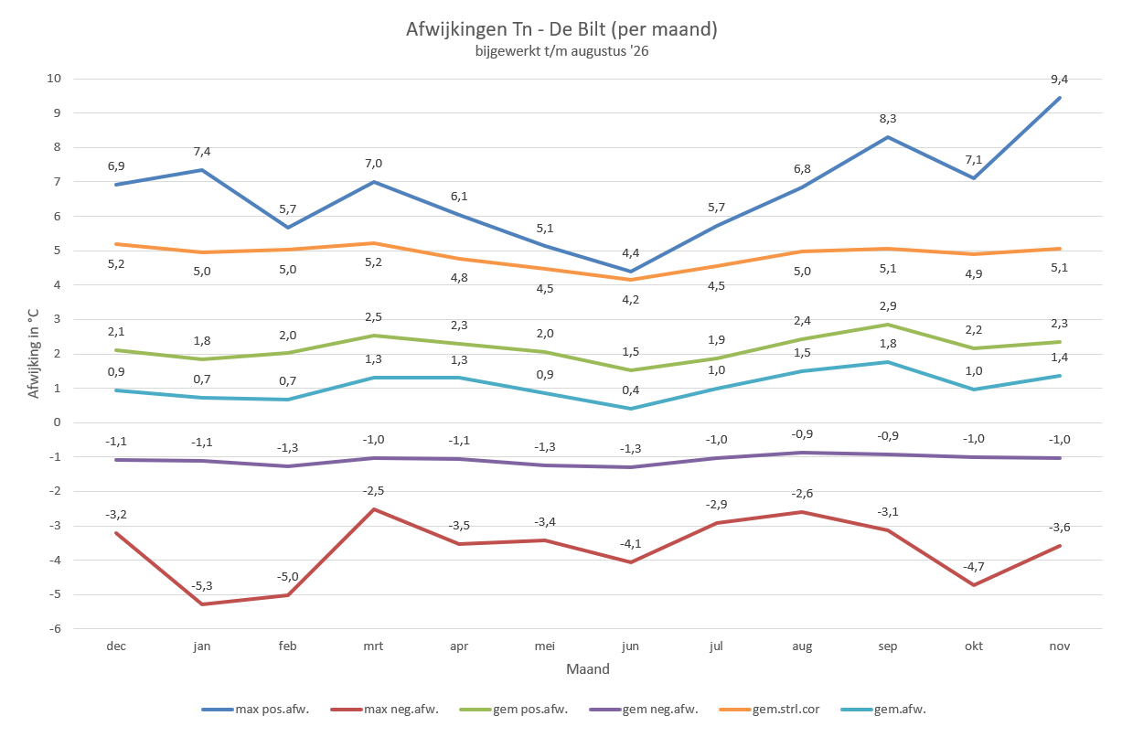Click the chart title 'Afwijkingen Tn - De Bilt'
tap(506, 29)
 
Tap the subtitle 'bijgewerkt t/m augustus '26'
tap(561, 51)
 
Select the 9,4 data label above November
tap(1060, 80)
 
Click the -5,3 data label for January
tap(202, 586)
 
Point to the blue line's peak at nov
tap(1060, 98)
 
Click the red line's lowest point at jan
tap(202, 604)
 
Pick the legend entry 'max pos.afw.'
tap(255, 709)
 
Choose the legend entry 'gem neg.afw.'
tap(644, 709)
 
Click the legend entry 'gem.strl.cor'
tap(769, 709)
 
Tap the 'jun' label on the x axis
tap(630, 646)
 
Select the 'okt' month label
tap(974, 646)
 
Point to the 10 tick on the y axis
tap(54, 78)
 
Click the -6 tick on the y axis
tap(55, 629)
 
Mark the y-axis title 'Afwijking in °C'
tap(33, 353)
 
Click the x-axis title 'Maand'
tap(588, 668)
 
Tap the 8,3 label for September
tap(888, 119)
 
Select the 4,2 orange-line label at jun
tap(630, 300)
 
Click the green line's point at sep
tap(888, 325)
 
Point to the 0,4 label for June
tap(630, 390)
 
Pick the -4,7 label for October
tap(974, 567)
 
